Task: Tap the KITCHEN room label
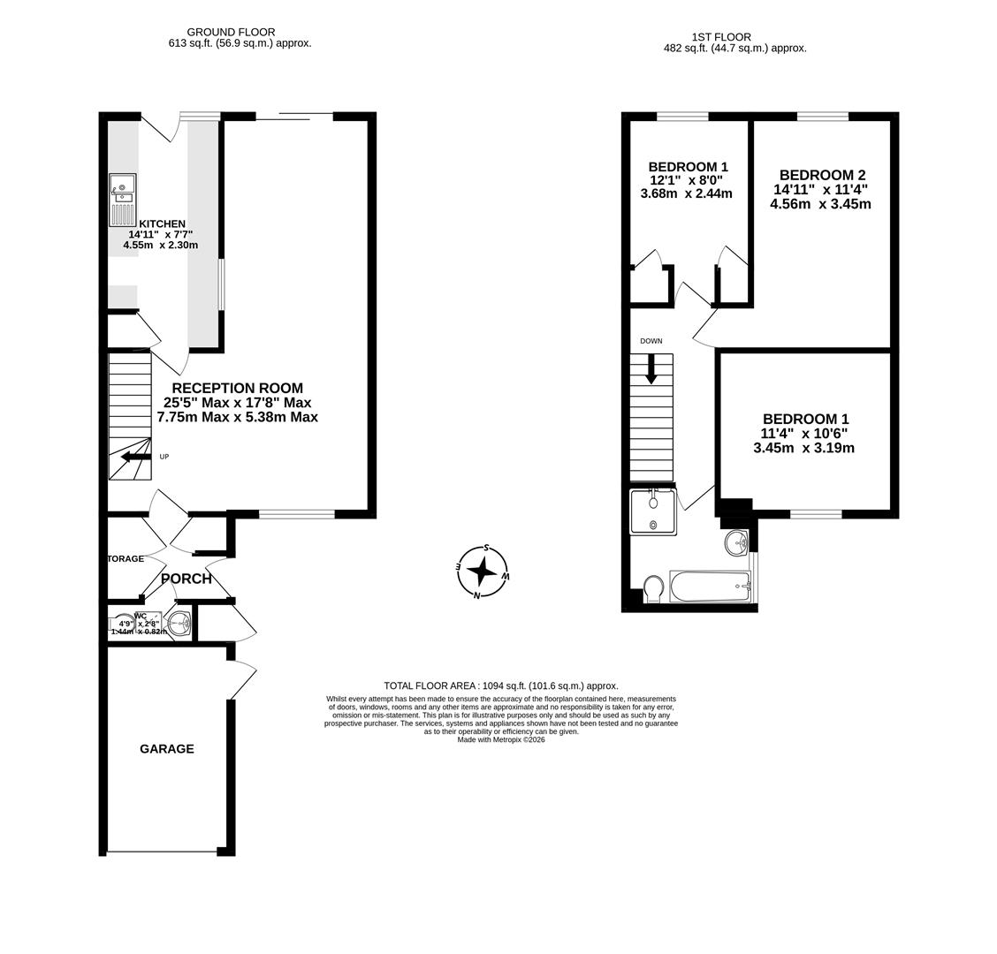tap(163, 224)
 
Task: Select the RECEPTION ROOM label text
tap(237, 389)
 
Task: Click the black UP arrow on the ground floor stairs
tap(136, 457)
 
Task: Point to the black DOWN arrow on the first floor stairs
tap(651, 368)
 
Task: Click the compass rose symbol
tap(482, 572)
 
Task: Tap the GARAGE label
tap(167, 749)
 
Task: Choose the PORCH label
tap(186, 579)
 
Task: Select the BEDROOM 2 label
tap(822, 175)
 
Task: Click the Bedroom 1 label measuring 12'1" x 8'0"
tap(688, 167)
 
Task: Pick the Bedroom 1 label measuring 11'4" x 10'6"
tap(805, 419)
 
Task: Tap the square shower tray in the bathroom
tap(652, 512)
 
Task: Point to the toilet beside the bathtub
tap(654, 589)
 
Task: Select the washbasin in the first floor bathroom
tap(735, 542)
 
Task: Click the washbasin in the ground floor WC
tap(179, 625)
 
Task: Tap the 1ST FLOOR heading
tap(721, 37)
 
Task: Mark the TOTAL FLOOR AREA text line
tap(501, 685)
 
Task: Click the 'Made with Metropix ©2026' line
tap(501, 739)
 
